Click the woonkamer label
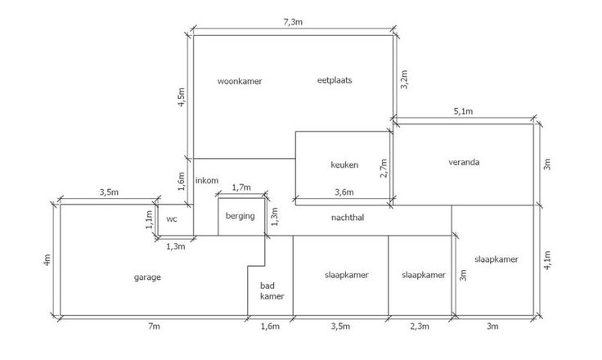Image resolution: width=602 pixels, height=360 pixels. click(239, 81)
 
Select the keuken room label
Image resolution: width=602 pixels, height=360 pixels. click(344, 164)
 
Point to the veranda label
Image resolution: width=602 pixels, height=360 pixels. click(464, 161)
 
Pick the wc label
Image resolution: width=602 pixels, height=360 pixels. click(172, 219)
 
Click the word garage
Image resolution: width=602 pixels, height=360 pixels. click(147, 277)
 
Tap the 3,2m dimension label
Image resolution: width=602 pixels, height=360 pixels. click(403, 79)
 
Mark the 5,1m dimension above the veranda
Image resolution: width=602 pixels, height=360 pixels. click(464, 111)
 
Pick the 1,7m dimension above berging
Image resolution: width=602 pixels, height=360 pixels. click(242, 188)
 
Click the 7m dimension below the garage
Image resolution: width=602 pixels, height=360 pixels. click(153, 327)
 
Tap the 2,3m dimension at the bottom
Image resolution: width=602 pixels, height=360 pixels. click(420, 327)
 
